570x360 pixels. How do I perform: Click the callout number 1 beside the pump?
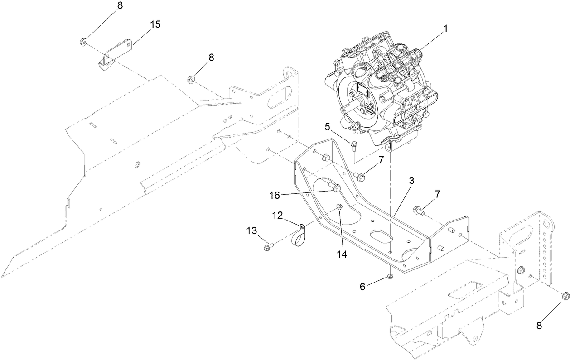tap(445, 29)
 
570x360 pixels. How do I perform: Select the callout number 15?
tap(155, 24)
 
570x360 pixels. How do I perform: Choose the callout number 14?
tap(342, 254)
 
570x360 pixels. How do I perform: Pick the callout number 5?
tap(327, 126)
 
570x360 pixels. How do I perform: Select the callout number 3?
tap(411, 180)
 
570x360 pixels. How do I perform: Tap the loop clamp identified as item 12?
tap(297, 235)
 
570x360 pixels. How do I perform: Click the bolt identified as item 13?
tap(267, 247)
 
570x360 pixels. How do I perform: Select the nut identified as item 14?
tap(339, 207)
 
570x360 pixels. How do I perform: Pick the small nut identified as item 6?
tap(390, 277)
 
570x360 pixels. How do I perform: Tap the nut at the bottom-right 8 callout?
tap(565, 296)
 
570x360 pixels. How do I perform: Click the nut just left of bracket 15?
tap(83, 42)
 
